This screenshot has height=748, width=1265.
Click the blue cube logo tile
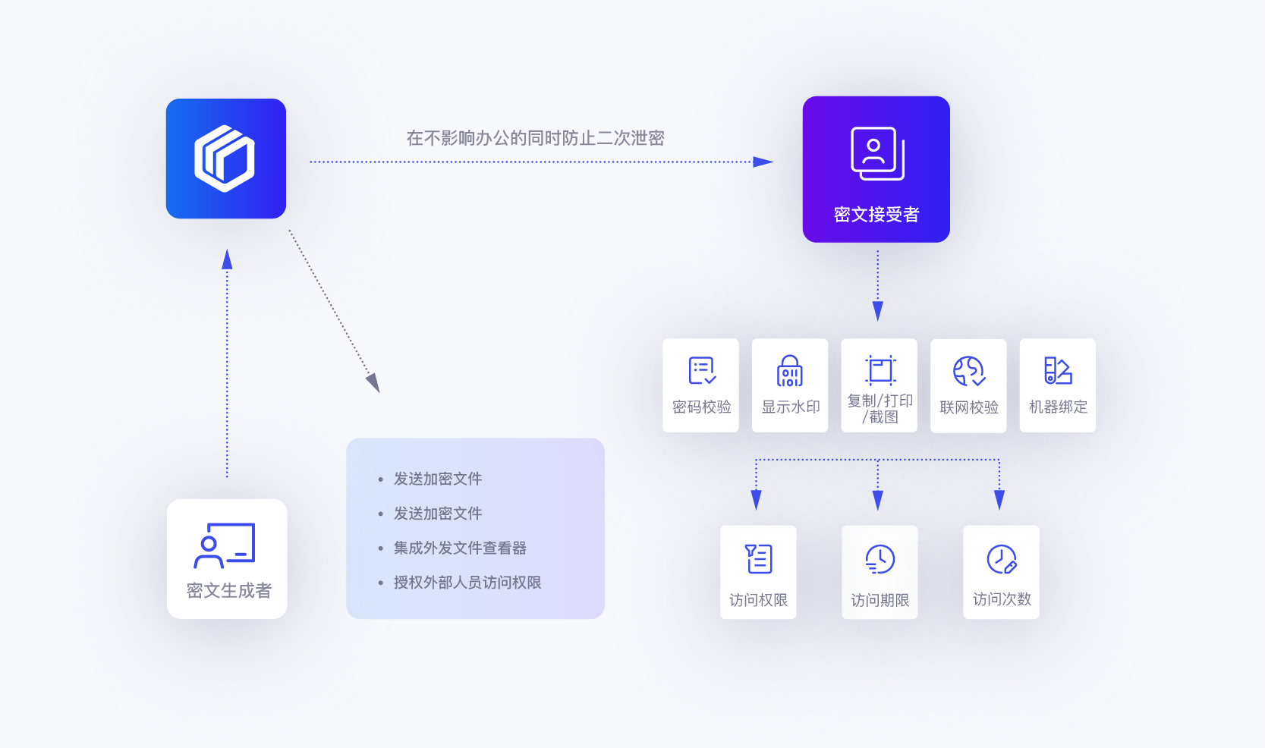tap(225, 159)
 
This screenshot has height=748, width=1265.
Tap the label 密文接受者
tap(876, 215)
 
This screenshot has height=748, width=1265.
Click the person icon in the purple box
tap(877, 152)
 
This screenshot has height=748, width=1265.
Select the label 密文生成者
tap(228, 590)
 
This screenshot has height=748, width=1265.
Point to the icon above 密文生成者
tap(225, 545)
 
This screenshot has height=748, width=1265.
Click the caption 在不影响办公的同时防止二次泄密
tap(535, 138)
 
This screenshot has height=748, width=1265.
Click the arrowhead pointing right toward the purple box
tap(763, 162)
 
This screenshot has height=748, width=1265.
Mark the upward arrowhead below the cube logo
tap(227, 259)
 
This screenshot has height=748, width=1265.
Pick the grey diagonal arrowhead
tap(373, 382)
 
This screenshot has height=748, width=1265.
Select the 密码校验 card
tap(700, 385)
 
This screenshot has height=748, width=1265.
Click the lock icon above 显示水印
tap(790, 371)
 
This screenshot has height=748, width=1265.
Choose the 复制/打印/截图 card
tap(879, 385)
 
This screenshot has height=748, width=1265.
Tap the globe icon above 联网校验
tap(968, 371)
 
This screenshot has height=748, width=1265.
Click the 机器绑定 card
tap(1057, 385)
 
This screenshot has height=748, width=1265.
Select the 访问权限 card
tap(758, 572)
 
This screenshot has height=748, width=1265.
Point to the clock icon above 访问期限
tap(880, 559)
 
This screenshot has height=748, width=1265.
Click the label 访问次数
tap(1002, 599)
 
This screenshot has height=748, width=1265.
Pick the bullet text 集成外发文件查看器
tap(460, 548)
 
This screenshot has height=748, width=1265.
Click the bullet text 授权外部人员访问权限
tap(467, 583)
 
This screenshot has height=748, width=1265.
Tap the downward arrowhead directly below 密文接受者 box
tap(878, 311)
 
